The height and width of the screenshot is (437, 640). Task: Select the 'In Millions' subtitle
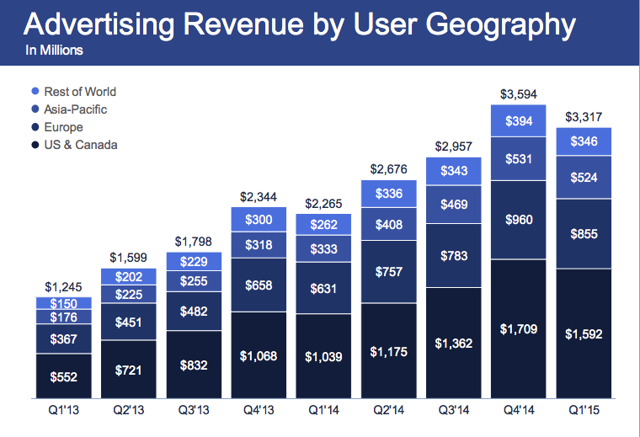[x=55, y=51]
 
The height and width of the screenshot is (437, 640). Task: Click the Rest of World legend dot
[x=35, y=91]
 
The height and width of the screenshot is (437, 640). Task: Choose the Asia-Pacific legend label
[x=75, y=109]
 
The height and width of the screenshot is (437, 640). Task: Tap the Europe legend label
[x=63, y=127]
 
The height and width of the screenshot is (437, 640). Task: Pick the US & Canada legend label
[x=80, y=145]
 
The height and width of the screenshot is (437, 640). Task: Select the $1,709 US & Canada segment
[x=519, y=328]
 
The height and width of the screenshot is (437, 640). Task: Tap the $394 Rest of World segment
[x=519, y=121]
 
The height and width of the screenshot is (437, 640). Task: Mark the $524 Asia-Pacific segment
[x=584, y=179]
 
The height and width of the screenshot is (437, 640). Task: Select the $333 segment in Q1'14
[x=323, y=250]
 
